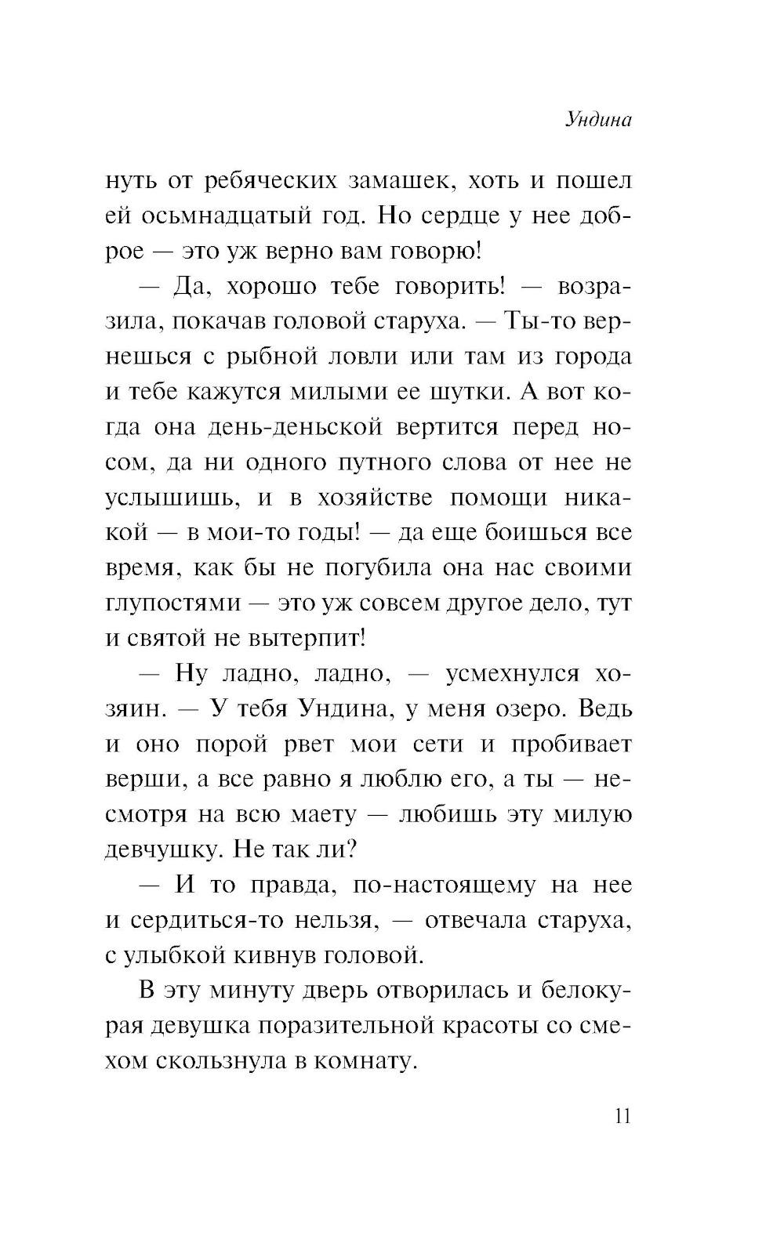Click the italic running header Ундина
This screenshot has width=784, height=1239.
[x=597, y=121]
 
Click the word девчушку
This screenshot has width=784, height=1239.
[x=160, y=850]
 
